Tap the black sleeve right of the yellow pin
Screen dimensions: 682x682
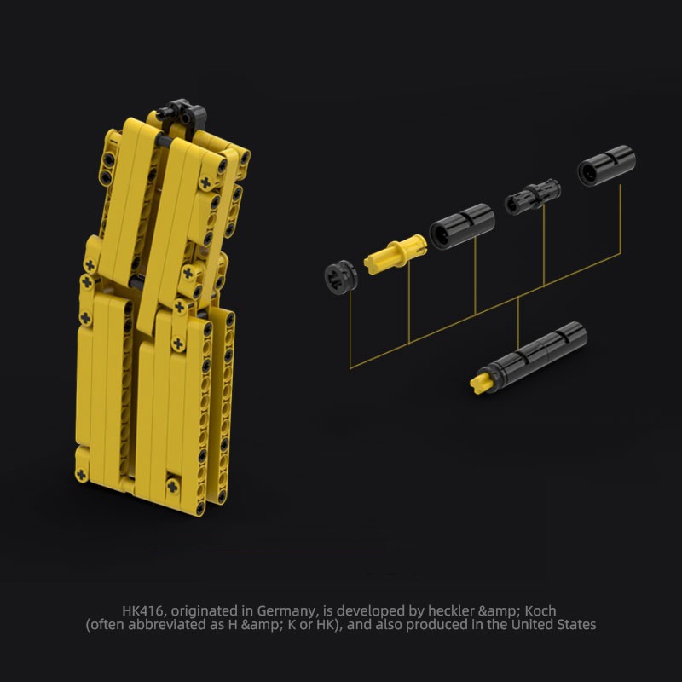pos(461,226)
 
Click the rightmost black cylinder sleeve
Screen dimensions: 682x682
pos(605,165)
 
